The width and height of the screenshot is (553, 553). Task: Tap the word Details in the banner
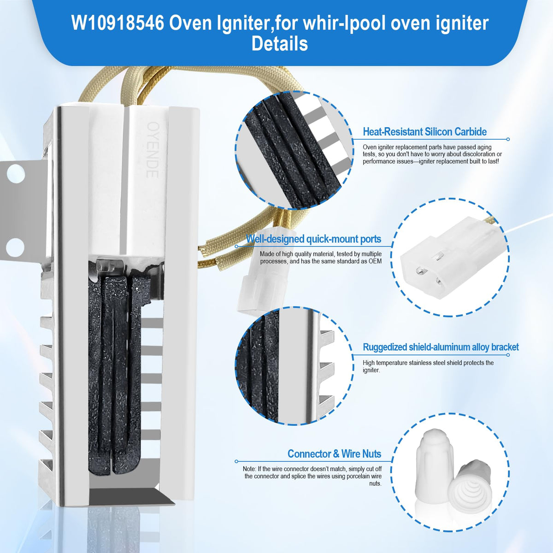point(280,44)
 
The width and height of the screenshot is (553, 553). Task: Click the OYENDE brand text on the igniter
point(153,150)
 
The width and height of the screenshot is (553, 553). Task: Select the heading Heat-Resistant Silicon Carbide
point(425,132)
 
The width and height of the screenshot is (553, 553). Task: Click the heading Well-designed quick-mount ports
point(314,239)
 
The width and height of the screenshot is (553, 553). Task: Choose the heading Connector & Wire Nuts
point(334,454)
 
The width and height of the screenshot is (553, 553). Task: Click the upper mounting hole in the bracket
point(16,173)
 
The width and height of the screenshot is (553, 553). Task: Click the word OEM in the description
point(375,261)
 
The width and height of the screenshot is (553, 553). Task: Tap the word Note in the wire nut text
point(249,469)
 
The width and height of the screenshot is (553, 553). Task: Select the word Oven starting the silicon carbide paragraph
point(370,147)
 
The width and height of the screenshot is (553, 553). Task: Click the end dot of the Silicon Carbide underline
point(508,139)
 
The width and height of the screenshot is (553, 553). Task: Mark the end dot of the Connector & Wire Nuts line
point(236,461)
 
